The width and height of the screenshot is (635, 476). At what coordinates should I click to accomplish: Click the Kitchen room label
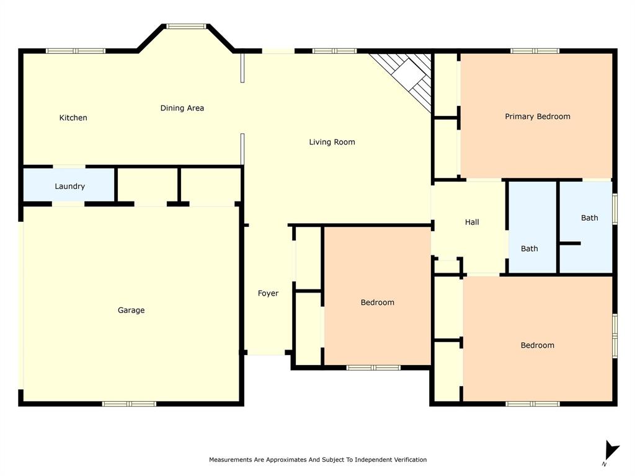point(73,118)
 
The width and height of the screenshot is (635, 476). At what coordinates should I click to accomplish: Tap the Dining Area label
point(182,108)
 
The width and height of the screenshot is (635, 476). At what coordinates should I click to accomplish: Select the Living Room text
point(332,142)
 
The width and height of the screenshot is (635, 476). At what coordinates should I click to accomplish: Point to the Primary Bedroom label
point(537,117)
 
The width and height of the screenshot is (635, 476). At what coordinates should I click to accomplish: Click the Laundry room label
point(69,186)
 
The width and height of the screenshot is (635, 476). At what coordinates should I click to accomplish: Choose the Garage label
point(131,310)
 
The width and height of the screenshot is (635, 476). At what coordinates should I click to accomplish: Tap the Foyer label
point(268,293)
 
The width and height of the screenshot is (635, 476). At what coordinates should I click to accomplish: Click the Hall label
point(472,222)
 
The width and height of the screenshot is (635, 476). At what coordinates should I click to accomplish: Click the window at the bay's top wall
point(186,26)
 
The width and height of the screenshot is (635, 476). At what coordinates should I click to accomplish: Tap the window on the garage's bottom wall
point(129,403)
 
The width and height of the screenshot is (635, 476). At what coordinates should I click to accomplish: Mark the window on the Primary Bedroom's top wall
point(535,51)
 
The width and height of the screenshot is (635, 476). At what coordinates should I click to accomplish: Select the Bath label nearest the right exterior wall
point(589,218)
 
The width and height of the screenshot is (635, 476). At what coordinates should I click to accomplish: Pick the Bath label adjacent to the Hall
point(529,249)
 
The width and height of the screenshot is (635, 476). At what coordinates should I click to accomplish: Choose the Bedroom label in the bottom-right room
point(537,345)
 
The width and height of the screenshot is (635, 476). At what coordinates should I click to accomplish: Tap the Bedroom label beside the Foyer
point(377,302)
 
